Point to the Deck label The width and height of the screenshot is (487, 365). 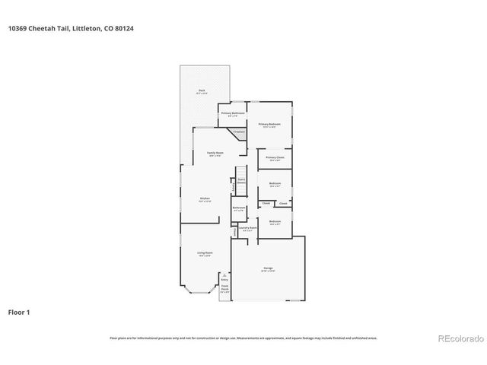(202, 90)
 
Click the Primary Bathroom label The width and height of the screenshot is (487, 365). (231, 113)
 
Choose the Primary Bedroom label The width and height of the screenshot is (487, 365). (269, 124)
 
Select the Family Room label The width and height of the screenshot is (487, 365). (215, 154)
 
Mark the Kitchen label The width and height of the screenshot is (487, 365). (205, 198)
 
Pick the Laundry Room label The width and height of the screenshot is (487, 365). (246, 227)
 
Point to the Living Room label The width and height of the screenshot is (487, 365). (205, 253)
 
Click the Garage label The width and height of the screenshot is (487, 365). (268, 268)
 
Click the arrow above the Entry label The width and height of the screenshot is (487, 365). (224, 275)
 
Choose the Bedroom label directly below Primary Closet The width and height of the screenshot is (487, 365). (275, 184)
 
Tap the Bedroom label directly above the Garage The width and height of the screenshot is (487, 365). (275, 221)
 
